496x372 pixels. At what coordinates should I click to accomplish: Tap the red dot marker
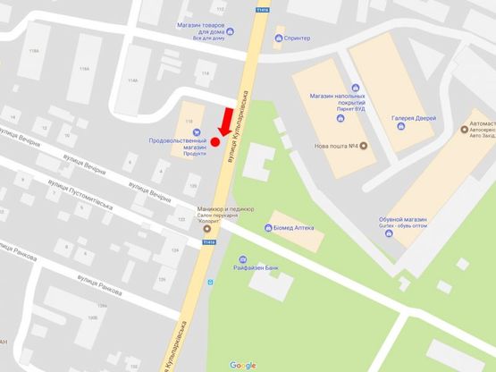click(214, 142)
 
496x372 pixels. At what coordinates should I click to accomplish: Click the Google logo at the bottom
click(242, 365)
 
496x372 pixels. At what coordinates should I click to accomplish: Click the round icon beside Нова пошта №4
click(364, 147)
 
